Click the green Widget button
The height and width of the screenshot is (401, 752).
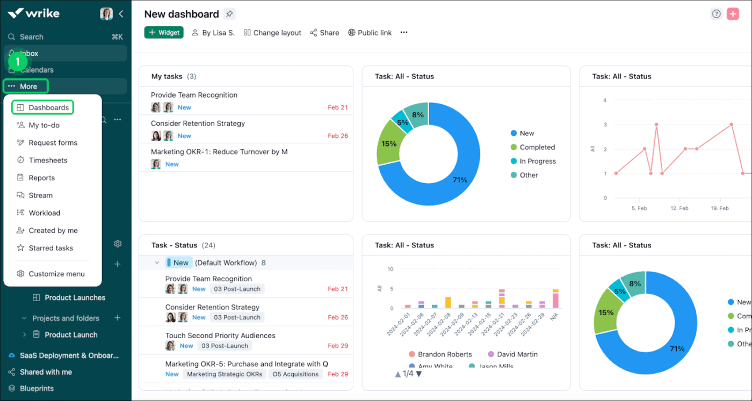(x=164, y=33)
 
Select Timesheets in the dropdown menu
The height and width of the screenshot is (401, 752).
(x=48, y=160)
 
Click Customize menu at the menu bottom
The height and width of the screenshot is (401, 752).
(x=56, y=274)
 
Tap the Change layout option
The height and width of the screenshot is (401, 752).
(x=272, y=33)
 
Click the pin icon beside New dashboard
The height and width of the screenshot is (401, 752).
(x=229, y=14)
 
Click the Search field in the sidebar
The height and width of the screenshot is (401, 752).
(x=32, y=37)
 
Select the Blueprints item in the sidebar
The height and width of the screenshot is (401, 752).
(x=37, y=388)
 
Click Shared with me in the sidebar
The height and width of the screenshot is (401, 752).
(x=46, y=371)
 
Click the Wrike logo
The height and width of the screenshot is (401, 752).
(x=33, y=13)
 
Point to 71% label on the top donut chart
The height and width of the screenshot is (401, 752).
(x=460, y=180)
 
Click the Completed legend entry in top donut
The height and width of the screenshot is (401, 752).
(x=537, y=147)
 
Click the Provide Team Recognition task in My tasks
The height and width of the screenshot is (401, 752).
(x=194, y=95)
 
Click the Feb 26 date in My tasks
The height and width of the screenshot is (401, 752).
(x=337, y=136)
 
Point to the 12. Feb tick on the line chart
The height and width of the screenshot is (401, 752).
(x=679, y=208)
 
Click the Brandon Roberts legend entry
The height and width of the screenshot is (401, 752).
(x=444, y=354)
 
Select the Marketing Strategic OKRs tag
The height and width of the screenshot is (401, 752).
(x=225, y=374)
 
